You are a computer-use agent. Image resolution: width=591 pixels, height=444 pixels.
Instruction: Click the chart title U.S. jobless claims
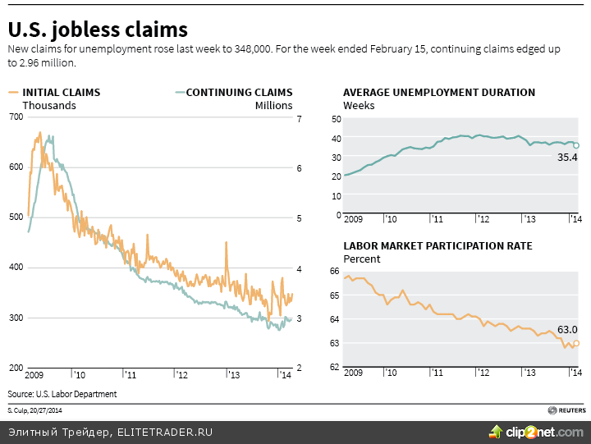point(98,30)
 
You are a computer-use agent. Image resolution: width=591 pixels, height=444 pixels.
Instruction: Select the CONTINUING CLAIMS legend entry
point(239,93)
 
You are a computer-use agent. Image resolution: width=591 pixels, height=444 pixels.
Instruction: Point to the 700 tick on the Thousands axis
point(16,117)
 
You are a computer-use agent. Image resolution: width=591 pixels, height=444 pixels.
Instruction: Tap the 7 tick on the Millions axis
point(300,119)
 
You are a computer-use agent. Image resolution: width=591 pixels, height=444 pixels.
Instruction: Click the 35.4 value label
point(567,157)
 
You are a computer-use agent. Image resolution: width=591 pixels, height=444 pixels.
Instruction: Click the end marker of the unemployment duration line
point(576,145)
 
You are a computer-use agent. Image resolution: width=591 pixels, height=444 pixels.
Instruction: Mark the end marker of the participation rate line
point(576,343)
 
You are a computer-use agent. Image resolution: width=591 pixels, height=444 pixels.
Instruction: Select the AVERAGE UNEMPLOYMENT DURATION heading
point(439,93)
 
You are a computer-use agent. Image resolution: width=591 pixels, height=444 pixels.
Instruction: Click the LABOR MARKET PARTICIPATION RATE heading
point(438,245)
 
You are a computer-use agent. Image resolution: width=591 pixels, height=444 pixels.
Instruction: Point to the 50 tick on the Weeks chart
point(335,119)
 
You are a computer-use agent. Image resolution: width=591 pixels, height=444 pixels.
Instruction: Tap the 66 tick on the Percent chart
point(335,271)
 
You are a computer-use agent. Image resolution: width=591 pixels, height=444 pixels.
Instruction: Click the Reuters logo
point(566,409)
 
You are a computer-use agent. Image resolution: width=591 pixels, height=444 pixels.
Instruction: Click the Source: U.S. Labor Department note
point(62,394)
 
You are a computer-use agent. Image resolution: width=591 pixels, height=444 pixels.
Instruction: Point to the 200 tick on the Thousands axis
point(16,368)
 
